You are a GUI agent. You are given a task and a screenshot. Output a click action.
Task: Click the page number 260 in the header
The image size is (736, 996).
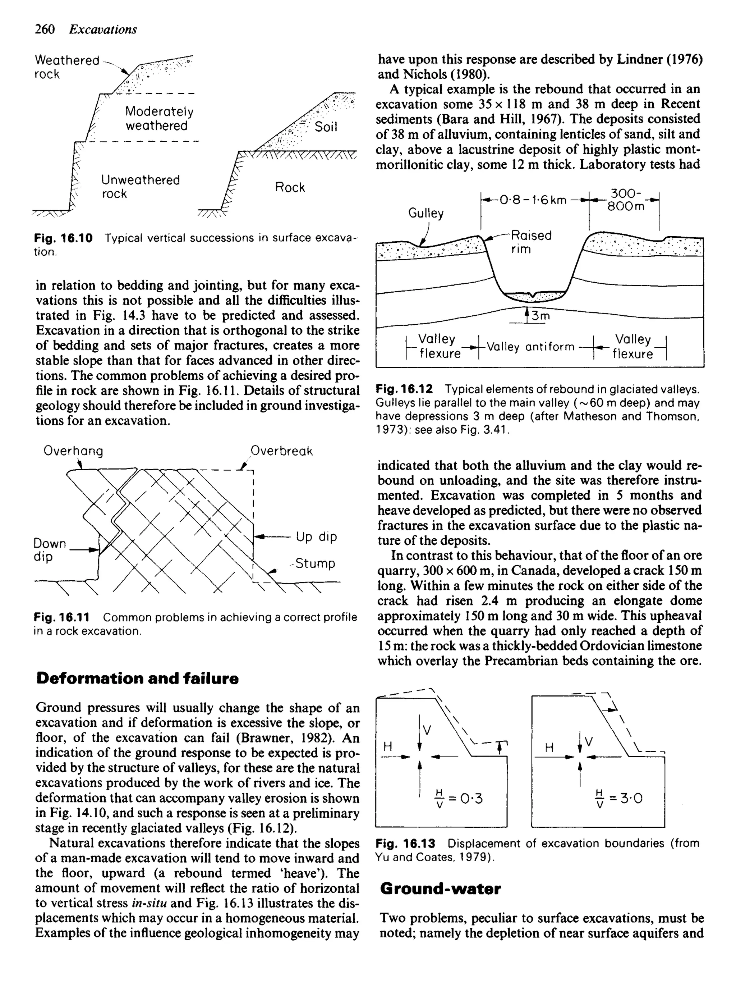pos(45,29)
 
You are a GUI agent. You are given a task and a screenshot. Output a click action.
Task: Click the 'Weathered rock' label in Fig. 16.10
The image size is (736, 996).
pos(67,67)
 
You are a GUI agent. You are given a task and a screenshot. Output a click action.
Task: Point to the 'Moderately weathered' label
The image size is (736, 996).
pos(158,119)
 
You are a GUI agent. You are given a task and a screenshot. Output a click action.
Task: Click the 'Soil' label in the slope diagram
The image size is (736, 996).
pos(326,127)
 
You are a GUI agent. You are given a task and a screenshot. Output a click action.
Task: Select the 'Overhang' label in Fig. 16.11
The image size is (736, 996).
pos(73,451)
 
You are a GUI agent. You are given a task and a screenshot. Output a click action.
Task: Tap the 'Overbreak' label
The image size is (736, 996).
pos(281,451)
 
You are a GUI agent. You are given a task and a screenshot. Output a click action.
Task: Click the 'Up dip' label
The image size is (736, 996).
pos(316,536)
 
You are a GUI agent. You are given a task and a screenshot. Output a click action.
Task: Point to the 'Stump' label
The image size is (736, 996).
pos(315,563)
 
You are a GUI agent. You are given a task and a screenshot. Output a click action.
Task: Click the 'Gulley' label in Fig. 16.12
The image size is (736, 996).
pos(426,214)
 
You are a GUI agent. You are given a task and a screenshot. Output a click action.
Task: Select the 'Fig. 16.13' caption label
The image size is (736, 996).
pos(405,844)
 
